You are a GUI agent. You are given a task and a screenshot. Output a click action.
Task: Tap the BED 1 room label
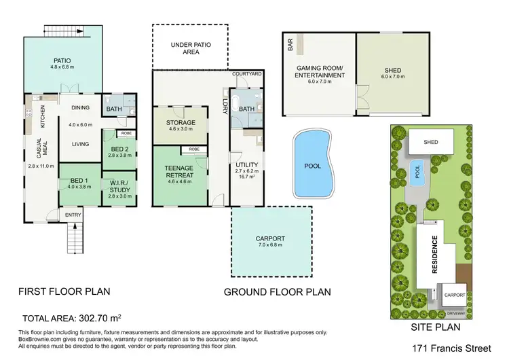pos(75,181)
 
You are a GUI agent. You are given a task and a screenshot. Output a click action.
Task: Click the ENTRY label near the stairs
pos(73,215)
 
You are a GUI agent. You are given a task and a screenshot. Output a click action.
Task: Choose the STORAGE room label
pos(181,123)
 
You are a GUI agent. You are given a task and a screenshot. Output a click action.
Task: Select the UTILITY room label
pos(244,165)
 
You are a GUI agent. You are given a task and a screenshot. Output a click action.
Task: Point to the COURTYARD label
pos(246,73)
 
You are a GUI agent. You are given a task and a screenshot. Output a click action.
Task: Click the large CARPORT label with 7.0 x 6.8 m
pos(272,238)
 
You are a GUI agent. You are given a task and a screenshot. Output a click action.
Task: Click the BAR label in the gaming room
pos(290,46)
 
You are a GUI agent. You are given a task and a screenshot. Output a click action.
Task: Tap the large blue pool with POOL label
pos(313,164)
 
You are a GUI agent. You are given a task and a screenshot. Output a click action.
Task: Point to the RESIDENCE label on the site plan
pos(434,257)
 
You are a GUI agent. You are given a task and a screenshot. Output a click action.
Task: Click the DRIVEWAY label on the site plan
pos(455,314)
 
